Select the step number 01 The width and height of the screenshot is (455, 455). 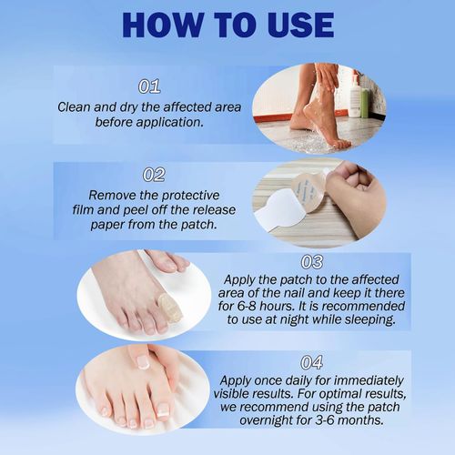click(x=149, y=86)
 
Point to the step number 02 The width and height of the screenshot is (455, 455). click(x=153, y=174)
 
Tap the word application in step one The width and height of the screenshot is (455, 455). click(x=168, y=121)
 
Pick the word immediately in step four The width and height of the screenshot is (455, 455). click(x=361, y=380)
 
